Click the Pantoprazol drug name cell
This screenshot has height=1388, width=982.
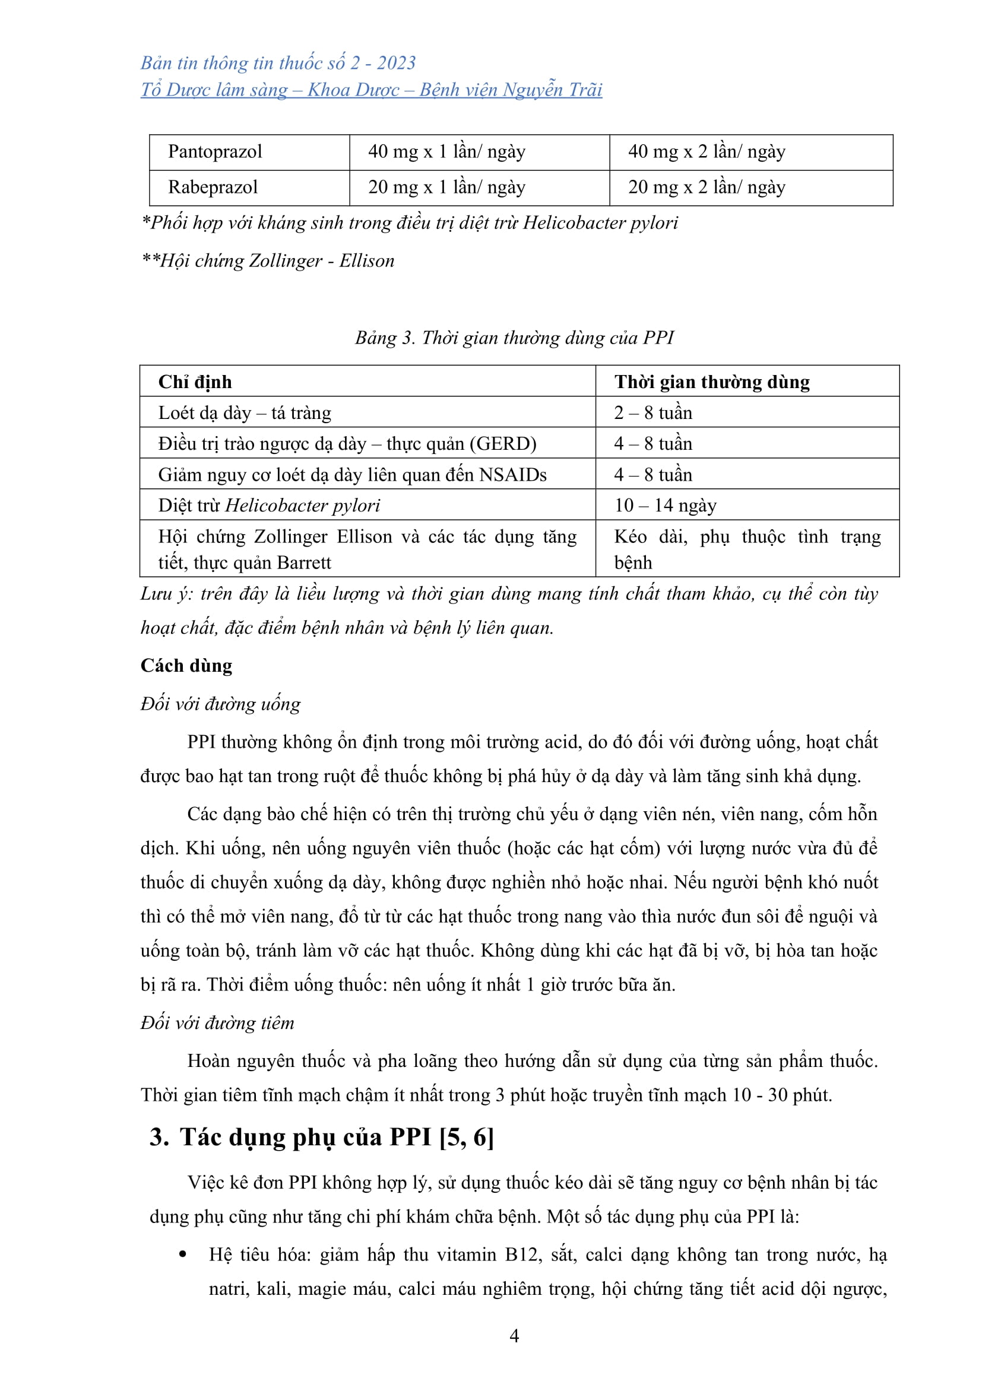pos(215,151)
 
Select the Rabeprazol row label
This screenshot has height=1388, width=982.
pos(213,188)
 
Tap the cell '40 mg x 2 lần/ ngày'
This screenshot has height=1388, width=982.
pos(707,151)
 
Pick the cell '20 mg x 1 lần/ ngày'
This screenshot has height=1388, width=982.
pos(446,188)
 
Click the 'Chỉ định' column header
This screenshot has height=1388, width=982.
pos(195,382)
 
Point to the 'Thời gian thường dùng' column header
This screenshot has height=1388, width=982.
pos(712,382)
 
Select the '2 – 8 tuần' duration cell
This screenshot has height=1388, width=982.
pos(653,413)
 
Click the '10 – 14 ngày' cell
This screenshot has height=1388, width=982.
pos(665,506)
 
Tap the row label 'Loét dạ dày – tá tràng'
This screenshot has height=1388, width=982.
pos(244,413)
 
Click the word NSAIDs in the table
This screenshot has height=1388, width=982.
pos(513,475)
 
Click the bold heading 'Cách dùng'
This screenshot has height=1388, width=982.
pos(186,666)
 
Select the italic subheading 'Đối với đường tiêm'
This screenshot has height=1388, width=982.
pos(217,1023)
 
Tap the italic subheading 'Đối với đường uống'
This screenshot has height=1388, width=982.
pos(220,704)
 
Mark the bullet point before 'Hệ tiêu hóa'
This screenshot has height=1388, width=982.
pos(183,1254)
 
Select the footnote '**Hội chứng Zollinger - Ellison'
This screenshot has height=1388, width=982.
pos(267,261)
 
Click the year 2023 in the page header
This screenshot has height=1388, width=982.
pos(396,63)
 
